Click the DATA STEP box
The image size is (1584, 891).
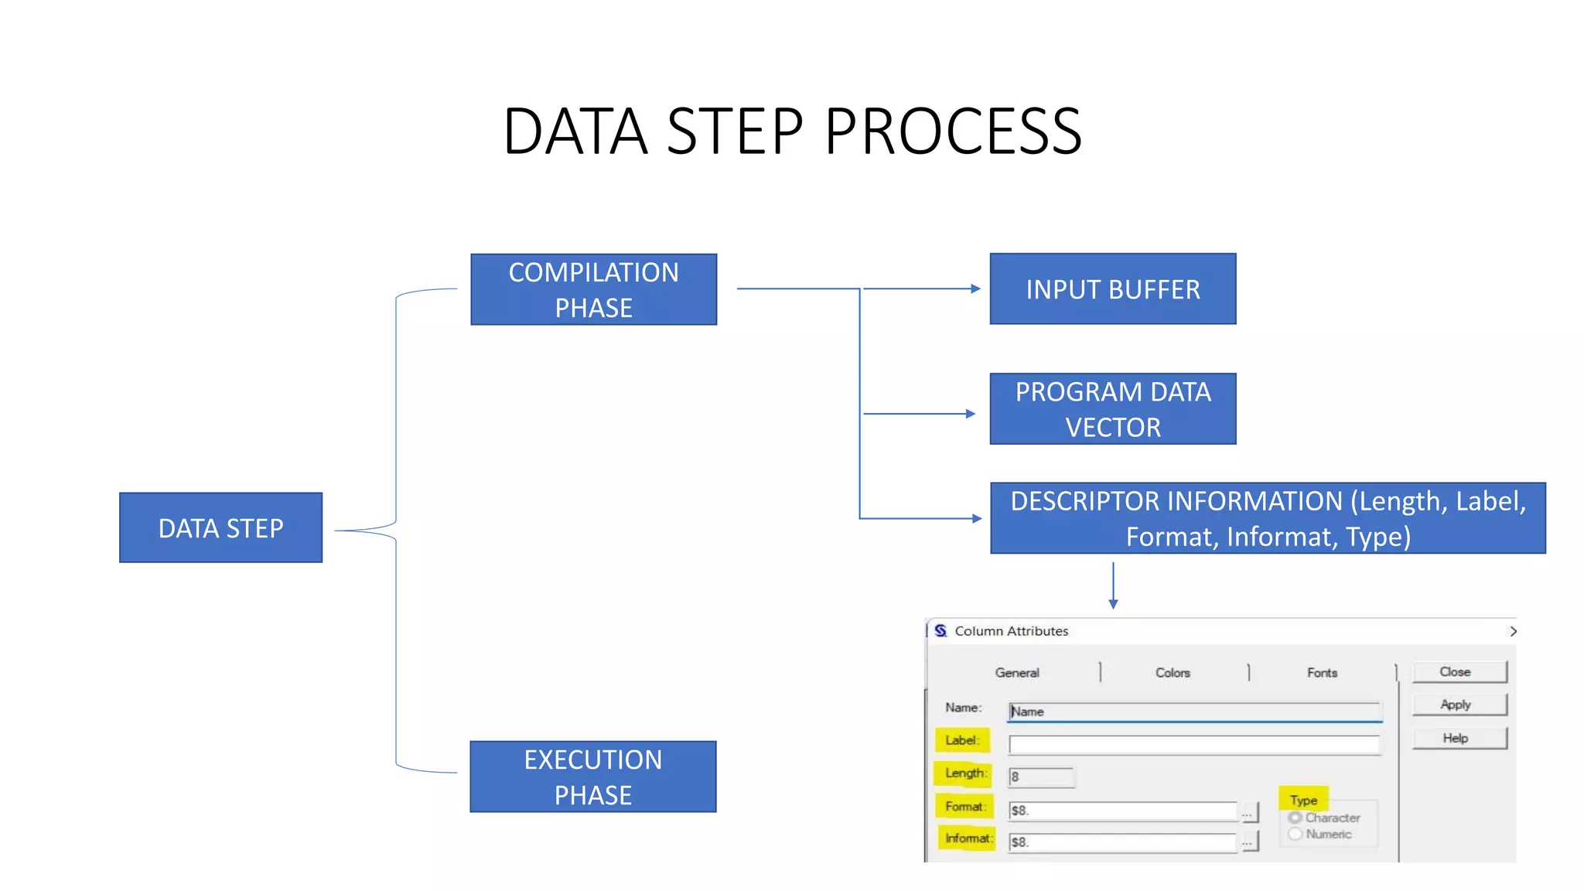point(220,527)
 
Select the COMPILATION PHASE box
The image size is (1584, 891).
point(593,289)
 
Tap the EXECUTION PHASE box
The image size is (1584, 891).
point(592,777)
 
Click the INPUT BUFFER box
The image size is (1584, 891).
point(1112,288)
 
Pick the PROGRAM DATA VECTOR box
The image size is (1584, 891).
point(1112,408)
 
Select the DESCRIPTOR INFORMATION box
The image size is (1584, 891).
point(1267,518)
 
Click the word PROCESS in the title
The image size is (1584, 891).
point(952,131)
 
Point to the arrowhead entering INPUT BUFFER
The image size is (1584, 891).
point(975,288)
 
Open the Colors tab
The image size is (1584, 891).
point(1173,673)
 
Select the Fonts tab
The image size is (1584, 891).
point(1322,673)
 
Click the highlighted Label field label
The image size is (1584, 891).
point(961,740)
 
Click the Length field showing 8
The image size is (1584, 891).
point(1041,777)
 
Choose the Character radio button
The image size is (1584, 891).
point(1295,818)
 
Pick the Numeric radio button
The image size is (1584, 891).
point(1295,834)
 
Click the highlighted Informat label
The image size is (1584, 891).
point(966,838)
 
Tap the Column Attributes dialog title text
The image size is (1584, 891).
point(1011,631)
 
